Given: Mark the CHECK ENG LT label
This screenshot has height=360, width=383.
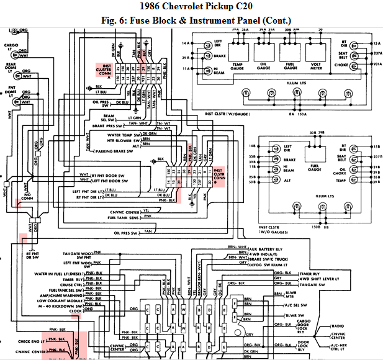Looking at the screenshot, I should click(31, 340).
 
